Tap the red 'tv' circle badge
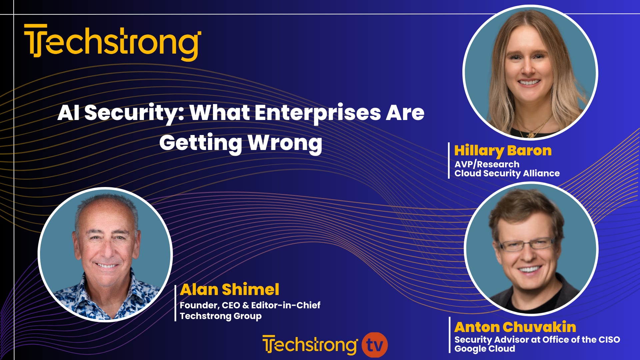(375, 345)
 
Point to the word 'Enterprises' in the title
(318, 113)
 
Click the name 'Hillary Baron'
(503, 151)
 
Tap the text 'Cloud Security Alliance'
(507, 173)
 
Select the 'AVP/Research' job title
(487, 164)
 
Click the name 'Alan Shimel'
(229, 289)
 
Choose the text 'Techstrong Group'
(220, 316)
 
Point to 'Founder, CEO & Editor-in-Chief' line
(250, 305)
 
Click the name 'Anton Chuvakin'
(515, 327)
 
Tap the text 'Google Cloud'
(485, 349)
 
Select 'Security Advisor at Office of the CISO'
(537, 340)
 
